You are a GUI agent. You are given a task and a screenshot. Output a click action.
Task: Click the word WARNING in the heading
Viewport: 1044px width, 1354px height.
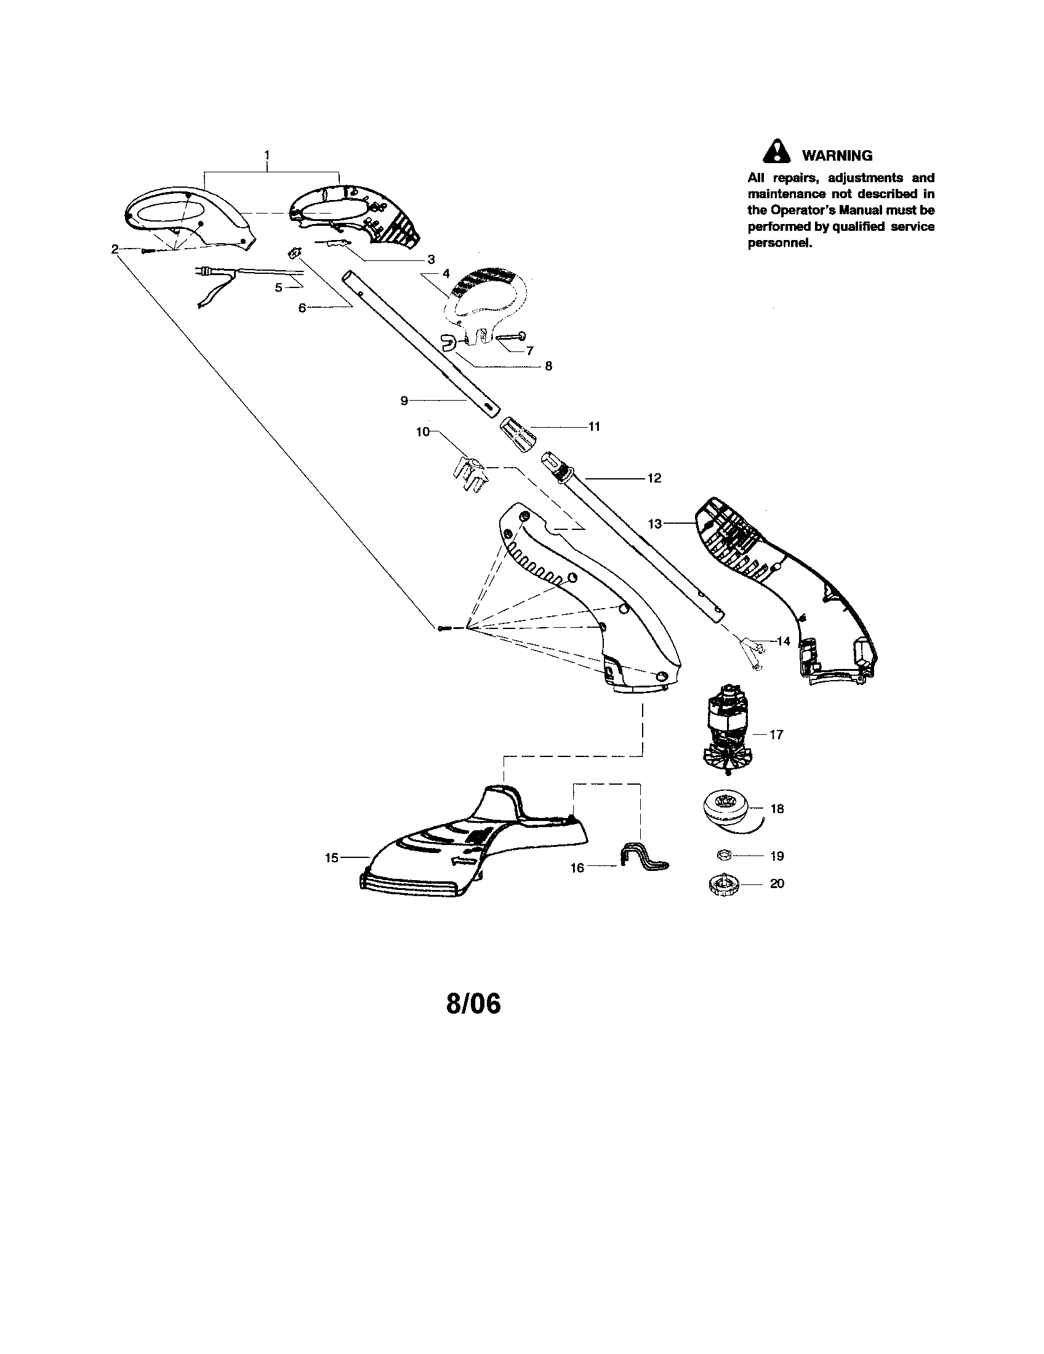837,156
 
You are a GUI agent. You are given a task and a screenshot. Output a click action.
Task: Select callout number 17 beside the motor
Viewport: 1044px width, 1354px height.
776,735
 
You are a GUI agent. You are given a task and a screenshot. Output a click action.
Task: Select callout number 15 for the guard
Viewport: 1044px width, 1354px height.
332,858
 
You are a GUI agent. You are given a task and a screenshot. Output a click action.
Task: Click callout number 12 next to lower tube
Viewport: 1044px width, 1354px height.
654,478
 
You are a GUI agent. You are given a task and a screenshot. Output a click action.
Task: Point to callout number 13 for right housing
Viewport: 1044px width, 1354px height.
656,524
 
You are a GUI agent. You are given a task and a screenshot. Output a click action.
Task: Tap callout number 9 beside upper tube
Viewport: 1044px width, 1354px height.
404,401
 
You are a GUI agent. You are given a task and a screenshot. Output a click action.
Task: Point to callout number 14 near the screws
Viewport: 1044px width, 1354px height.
784,641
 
